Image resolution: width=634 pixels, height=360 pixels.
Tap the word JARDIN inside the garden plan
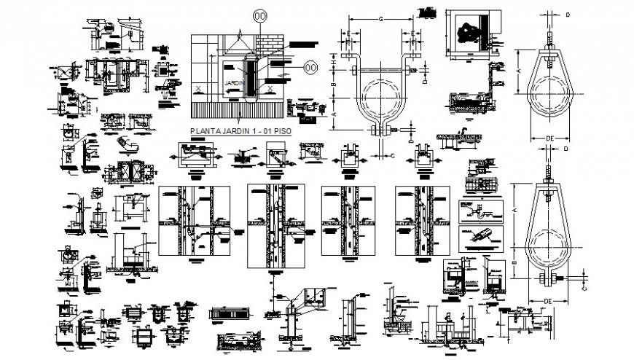232,83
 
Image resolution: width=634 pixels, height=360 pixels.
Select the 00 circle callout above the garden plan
259,15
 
